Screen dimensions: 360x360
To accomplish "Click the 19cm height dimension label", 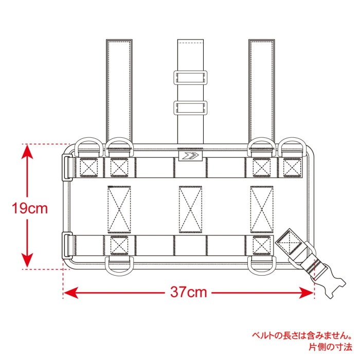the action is [30, 208].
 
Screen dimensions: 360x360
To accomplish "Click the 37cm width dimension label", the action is [189, 292].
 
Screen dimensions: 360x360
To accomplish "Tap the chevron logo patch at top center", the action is [190, 156].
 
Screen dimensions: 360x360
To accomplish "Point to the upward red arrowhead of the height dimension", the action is [27, 152].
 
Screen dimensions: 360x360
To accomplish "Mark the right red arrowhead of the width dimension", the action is [307, 293].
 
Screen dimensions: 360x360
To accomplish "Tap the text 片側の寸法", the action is [330, 347].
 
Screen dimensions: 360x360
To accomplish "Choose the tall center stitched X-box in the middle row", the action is [190, 210].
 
